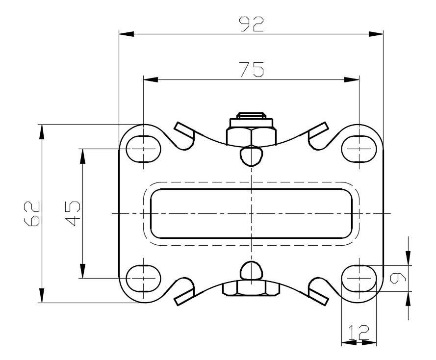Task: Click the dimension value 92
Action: (x=252, y=24)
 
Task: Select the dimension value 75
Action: (x=252, y=70)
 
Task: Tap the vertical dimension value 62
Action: (x=32, y=213)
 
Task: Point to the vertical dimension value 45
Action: (x=73, y=213)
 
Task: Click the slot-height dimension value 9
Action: (x=398, y=278)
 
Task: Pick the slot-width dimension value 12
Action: (x=359, y=332)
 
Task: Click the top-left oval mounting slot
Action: (x=144, y=149)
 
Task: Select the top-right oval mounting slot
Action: (x=359, y=149)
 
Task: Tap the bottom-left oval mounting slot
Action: (x=144, y=278)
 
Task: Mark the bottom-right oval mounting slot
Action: (x=359, y=278)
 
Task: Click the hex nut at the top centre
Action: (x=252, y=136)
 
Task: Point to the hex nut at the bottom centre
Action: (x=252, y=288)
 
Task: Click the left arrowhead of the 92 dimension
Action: (x=126, y=34)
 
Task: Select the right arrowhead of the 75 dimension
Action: (x=352, y=80)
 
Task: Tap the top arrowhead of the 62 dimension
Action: (x=42, y=131)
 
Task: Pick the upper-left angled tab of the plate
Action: (x=183, y=130)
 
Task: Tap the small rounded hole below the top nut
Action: (x=252, y=156)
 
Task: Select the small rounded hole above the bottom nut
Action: (x=252, y=270)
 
